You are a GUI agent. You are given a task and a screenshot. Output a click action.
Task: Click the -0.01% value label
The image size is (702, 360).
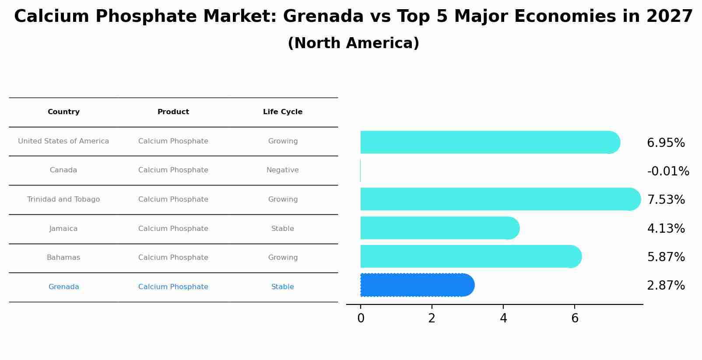coord(668,171)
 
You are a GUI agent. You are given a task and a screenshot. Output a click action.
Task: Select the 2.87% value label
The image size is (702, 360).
coord(666,286)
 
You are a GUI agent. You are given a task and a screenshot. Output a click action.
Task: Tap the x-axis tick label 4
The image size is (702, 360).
coord(503,318)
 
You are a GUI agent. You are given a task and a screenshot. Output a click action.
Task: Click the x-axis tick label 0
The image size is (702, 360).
coord(361,318)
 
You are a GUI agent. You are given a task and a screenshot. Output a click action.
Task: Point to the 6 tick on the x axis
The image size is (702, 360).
coord(575,318)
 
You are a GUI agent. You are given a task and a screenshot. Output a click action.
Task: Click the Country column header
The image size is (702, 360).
coord(63,112)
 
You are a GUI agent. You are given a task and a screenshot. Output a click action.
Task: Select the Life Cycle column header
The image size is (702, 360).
coord(283,112)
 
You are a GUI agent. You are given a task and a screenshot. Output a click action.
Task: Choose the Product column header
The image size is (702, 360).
coord(173,112)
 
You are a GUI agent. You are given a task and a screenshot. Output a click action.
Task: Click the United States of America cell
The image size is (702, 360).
coord(63,141)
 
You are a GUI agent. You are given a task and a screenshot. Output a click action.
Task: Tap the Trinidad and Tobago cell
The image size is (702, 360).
coord(63,199)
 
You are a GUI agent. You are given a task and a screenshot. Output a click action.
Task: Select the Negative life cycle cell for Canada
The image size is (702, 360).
coord(283,170)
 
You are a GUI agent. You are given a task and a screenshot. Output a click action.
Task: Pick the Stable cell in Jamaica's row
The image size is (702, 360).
coord(283,229)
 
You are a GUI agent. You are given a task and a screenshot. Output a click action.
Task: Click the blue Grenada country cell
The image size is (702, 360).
coord(63,287)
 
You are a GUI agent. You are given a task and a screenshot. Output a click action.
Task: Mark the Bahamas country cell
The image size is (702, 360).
coord(63,258)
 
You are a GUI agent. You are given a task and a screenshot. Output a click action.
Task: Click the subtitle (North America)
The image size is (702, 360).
coord(353,43)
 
